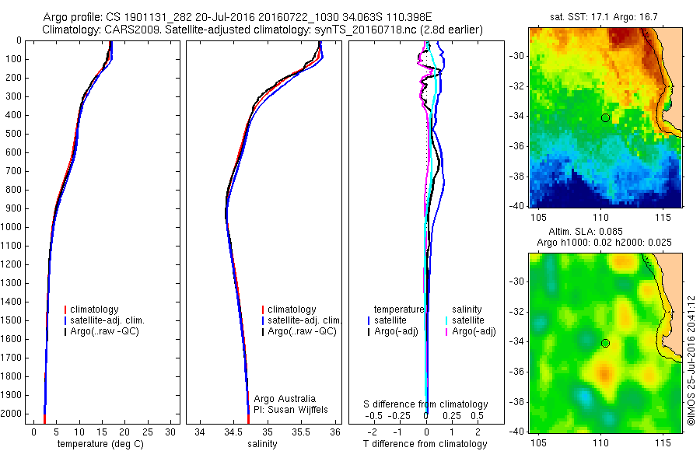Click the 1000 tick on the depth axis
12,227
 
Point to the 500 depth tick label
12,134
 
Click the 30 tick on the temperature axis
170,432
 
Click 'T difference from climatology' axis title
425,444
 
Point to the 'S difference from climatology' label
425,404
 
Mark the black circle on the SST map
605,117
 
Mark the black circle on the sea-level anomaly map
605,344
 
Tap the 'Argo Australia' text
285,398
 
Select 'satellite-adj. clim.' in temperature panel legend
108,320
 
